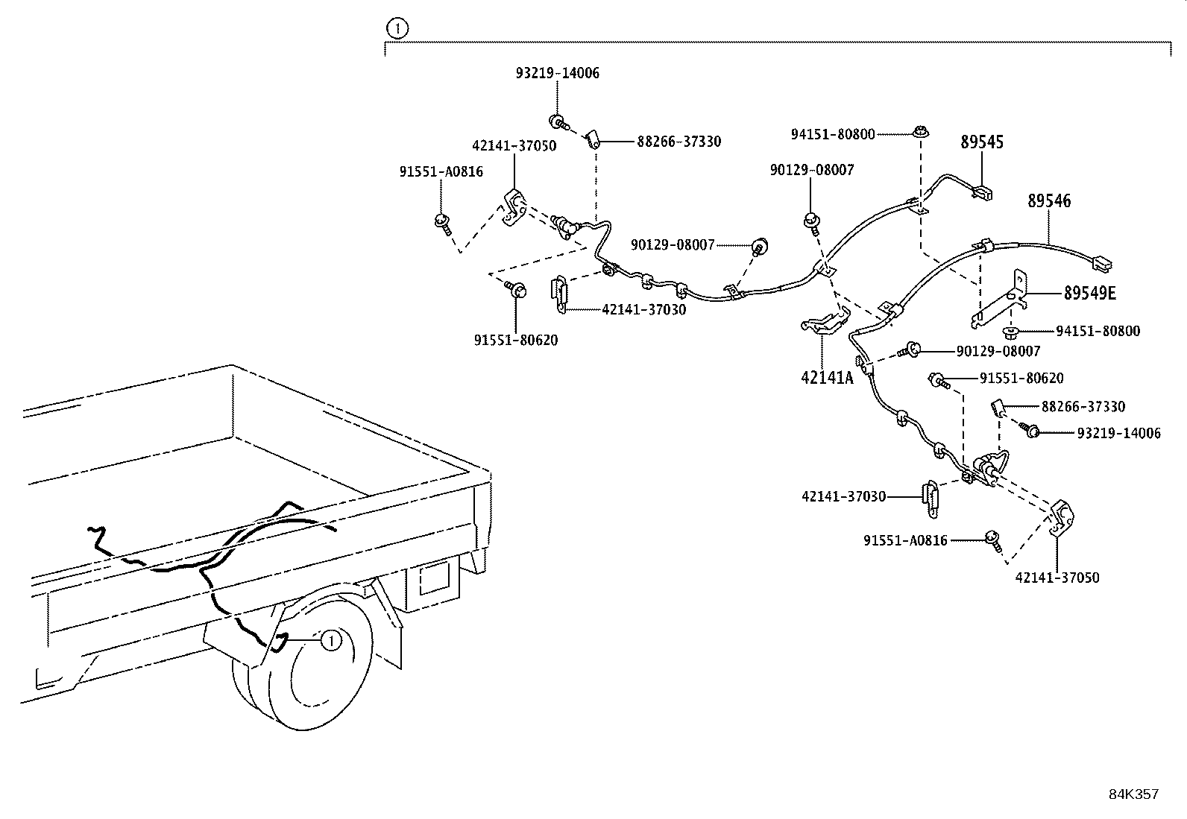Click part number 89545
(981, 142)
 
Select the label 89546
(1048, 201)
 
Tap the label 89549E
(1089, 294)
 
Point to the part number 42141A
(826, 378)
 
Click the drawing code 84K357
(1133, 794)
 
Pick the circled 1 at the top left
(397, 29)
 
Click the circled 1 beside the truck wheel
(331, 640)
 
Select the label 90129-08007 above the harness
(812, 170)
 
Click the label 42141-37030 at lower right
(844, 496)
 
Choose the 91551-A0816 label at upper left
(441, 172)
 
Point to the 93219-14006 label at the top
(557, 74)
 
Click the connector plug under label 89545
(983, 193)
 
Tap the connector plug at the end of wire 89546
(1101, 262)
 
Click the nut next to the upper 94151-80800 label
(921, 133)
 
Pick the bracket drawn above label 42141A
(824, 321)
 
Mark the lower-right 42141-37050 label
(1057, 578)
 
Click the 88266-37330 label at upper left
(678, 142)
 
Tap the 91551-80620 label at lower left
(515, 341)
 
